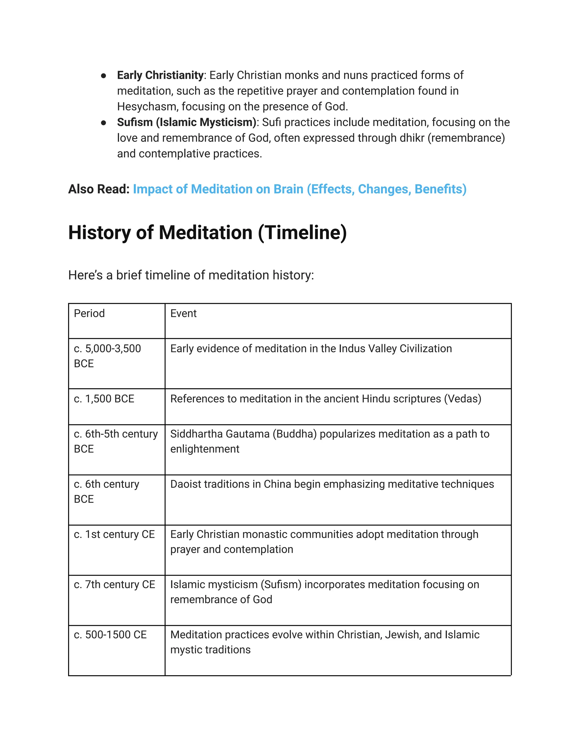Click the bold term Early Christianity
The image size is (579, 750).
160,75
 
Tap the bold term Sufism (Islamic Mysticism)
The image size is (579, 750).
187,122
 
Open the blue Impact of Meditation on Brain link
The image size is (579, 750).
299,189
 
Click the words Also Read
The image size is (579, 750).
98,189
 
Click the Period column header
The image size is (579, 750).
89,314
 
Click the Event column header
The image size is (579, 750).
183,314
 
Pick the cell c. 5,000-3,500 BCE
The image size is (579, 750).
107,356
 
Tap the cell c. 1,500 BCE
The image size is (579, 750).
104,399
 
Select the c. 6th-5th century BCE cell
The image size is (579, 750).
116,441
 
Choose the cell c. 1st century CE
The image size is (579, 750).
114,534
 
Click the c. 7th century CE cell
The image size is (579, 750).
114,584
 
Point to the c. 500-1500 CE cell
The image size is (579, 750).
110,635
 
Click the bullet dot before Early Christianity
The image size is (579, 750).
103,76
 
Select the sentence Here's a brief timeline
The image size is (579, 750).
191,275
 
